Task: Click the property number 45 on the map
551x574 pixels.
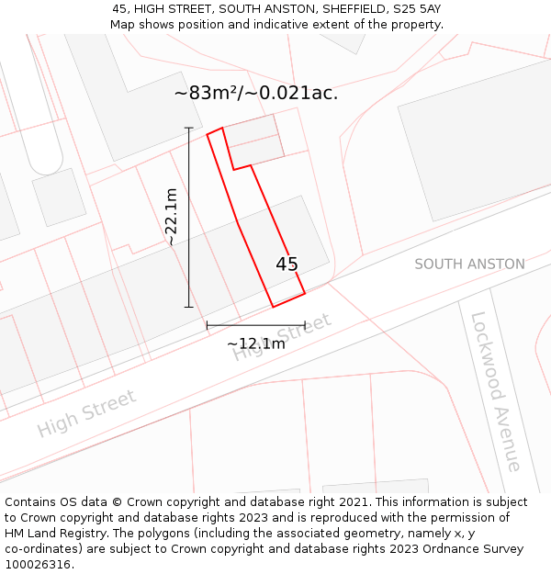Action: tap(287, 264)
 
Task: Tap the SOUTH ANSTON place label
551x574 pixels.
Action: tap(469, 264)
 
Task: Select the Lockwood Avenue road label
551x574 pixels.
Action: tap(496, 391)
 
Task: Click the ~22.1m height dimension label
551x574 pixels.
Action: tap(171, 217)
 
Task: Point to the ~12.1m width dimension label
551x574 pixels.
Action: tap(256, 343)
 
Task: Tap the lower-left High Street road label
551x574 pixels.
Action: tap(86, 413)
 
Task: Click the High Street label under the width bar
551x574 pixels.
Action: tap(281, 338)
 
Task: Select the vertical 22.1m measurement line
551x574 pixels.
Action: tap(189, 217)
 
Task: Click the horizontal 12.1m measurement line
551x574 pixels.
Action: tap(256, 325)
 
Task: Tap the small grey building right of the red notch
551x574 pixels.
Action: tap(253, 140)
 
